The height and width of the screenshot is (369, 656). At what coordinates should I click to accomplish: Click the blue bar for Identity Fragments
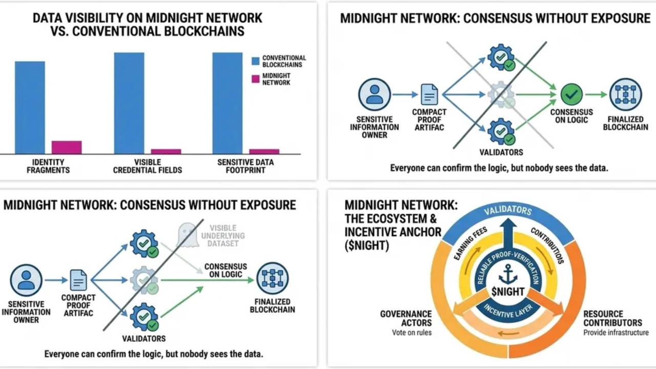click(30, 108)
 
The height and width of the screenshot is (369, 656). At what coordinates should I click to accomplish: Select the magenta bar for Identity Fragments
click(67, 147)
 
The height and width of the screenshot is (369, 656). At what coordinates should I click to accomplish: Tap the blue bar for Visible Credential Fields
click(129, 103)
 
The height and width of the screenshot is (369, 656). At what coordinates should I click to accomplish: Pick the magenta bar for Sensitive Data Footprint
click(264, 151)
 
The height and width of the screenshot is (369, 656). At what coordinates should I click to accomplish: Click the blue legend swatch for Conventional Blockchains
click(255, 61)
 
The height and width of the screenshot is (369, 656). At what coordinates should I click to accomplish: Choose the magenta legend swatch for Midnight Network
click(255, 79)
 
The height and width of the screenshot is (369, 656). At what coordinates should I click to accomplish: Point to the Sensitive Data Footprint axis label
click(245, 166)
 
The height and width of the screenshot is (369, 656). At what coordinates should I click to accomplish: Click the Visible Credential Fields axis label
click(148, 166)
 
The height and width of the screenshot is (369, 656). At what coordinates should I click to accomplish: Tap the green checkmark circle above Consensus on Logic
click(571, 94)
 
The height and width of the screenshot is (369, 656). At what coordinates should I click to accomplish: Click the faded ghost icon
click(188, 235)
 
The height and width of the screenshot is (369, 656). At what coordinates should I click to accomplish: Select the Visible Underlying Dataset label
click(223, 235)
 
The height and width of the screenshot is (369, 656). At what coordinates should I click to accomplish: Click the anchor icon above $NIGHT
click(508, 274)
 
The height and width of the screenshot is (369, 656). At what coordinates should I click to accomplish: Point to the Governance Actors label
click(406, 318)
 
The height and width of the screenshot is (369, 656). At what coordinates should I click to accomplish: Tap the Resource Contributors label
click(612, 318)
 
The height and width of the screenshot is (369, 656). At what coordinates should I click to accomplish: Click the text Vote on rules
click(412, 333)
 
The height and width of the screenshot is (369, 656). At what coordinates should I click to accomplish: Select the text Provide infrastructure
click(616, 333)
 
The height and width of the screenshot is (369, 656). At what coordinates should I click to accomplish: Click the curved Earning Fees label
click(470, 243)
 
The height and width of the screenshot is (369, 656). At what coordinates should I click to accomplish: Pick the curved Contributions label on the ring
click(547, 245)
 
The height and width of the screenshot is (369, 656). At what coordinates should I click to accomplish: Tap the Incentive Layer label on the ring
click(508, 312)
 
